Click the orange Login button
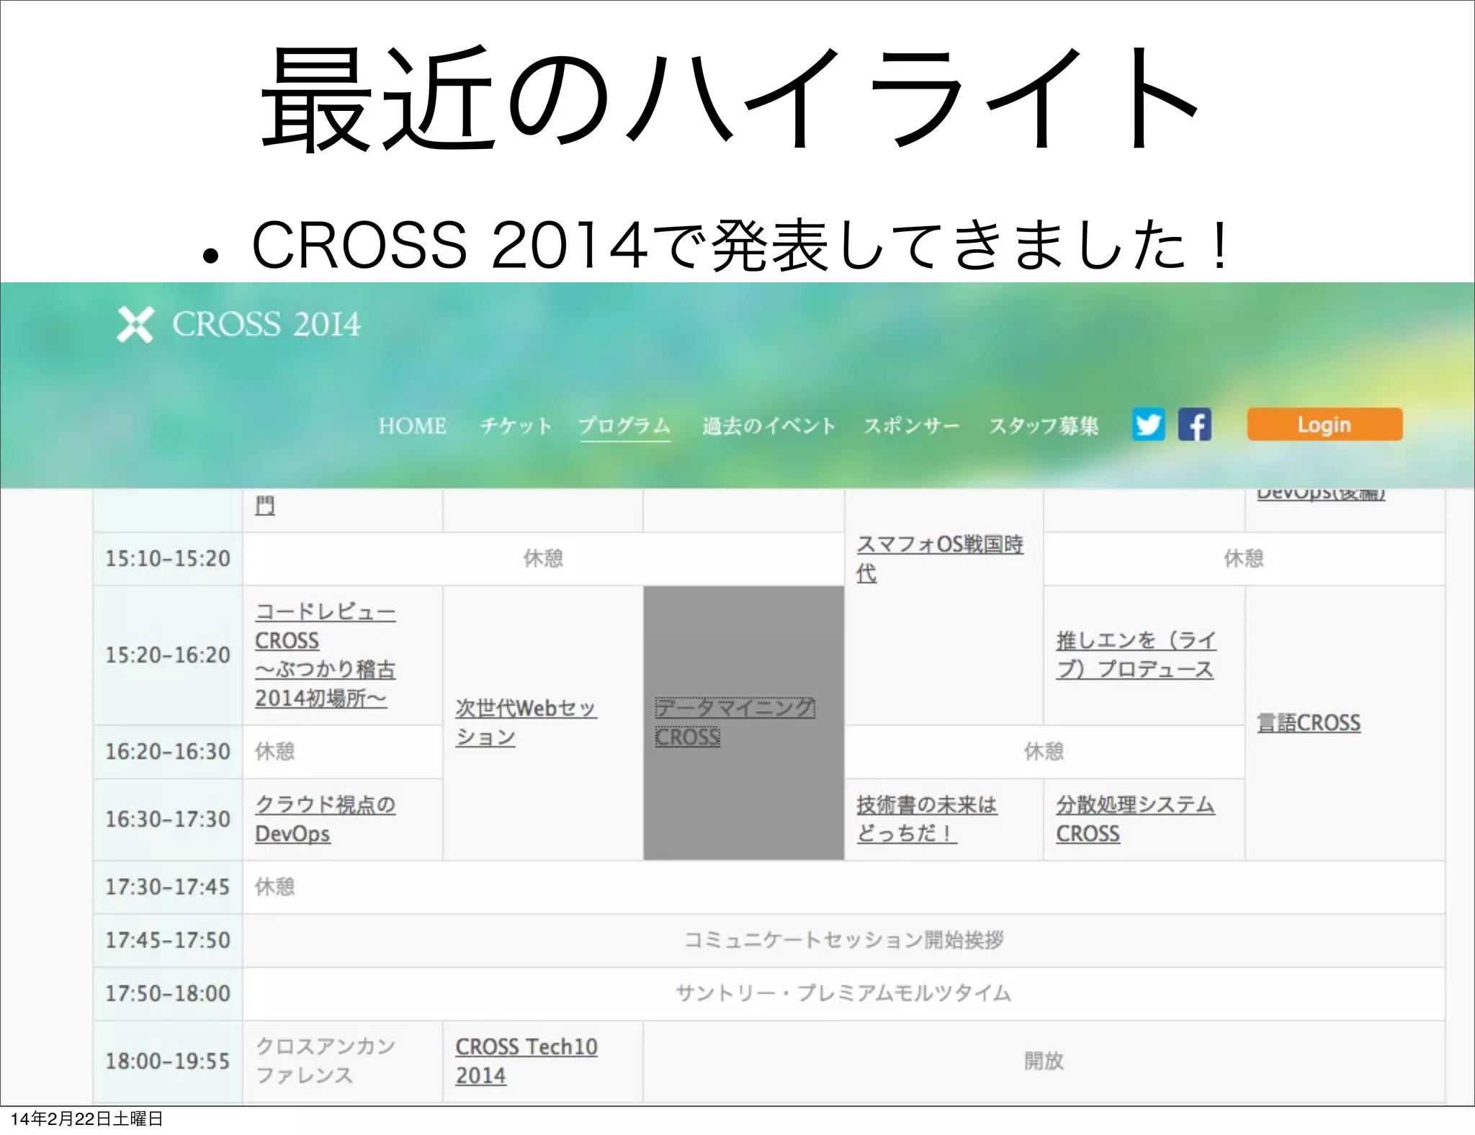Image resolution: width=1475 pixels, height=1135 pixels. click(x=1324, y=424)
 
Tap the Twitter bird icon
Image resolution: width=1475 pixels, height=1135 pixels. click(x=1148, y=424)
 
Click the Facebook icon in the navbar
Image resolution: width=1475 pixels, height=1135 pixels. click(x=1194, y=424)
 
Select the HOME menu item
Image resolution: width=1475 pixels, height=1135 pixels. click(x=412, y=426)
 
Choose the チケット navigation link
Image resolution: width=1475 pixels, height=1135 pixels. click(x=516, y=426)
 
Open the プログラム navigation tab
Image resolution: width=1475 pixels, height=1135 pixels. click(x=624, y=426)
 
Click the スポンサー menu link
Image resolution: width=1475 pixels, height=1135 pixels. click(x=911, y=426)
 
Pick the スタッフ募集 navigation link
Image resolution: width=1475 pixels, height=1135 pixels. click(x=1044, y=426)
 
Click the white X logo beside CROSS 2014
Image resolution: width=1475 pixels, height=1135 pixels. click(x=135, y=325)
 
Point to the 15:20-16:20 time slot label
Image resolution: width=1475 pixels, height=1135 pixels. click(x=168, y=655)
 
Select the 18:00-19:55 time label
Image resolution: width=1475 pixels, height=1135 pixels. click(x=168, y=1060)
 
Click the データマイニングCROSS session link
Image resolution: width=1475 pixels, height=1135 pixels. click(x=734, y=722)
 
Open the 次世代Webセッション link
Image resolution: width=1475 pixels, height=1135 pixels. click(x=526, y=722)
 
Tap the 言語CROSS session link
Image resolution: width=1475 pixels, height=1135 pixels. click(x=1309, y=722)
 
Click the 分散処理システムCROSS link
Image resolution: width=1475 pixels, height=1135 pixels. click(x=1135, y=819)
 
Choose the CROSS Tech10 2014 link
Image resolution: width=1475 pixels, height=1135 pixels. click(x=526, y=1060)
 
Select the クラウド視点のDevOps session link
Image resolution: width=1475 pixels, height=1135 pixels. click(x=325, y=819)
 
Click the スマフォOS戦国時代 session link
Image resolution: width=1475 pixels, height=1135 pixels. click(x=940, y=558)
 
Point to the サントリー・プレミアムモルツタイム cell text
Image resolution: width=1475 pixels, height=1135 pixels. click(x=843, y=993)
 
